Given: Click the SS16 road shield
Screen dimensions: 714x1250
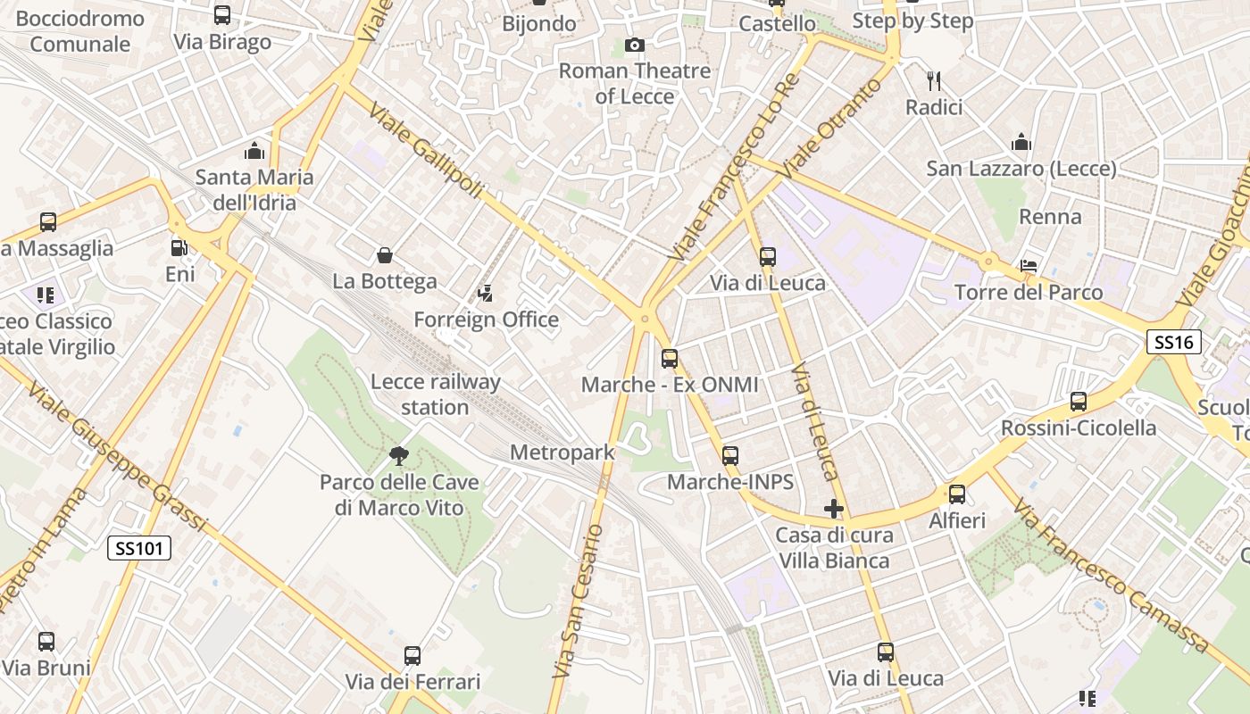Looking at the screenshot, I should point(1174,341).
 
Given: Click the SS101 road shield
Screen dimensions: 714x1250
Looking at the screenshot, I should point(139,548).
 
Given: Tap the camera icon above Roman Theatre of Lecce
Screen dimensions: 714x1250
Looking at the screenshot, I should point(634,45).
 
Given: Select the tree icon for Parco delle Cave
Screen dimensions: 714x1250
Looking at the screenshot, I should point(399,456).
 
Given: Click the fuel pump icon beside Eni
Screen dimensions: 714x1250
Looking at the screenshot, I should point(179,248).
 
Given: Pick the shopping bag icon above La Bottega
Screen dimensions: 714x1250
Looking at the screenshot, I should point(385,256).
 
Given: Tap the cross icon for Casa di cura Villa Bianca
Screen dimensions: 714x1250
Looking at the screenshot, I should point(833,509).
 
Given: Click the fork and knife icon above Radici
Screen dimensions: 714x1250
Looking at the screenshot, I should point(934,81).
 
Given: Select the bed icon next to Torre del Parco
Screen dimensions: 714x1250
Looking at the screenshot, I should point(1029,266).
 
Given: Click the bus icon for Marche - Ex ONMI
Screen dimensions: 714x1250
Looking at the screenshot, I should point(670,359).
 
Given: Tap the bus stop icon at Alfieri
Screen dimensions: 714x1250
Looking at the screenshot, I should point(957,494).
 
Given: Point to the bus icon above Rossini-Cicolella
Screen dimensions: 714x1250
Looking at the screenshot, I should point(1079,402).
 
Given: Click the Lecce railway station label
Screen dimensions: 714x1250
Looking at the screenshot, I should point(435,394).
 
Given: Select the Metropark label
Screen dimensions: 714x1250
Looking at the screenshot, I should point(562,452).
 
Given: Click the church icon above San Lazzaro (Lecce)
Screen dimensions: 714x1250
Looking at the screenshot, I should point(1021,143).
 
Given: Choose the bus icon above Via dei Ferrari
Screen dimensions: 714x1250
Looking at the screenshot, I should point(412,656).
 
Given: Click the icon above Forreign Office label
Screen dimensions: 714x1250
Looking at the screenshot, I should point(486,293).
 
